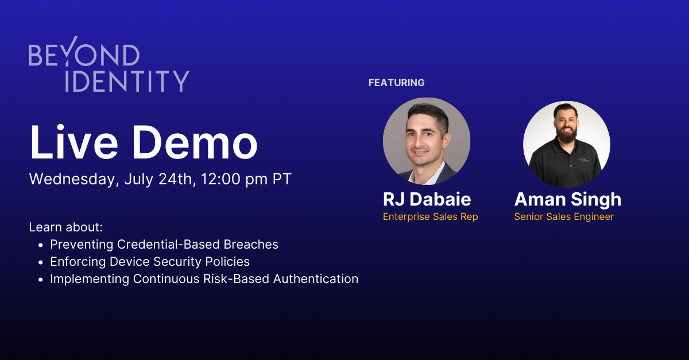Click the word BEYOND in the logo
point(84,55)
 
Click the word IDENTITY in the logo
point(127,81)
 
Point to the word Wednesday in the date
point(74,179)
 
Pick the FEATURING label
point(396,83)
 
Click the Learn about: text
point(65,227)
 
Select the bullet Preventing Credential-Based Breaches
point(164,245)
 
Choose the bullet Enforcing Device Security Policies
point(150,262)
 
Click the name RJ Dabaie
point(427,199)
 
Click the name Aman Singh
point(567,199)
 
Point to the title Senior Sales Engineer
point(564,216)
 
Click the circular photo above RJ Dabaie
point(427,141)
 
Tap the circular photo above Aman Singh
point(567,144)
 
